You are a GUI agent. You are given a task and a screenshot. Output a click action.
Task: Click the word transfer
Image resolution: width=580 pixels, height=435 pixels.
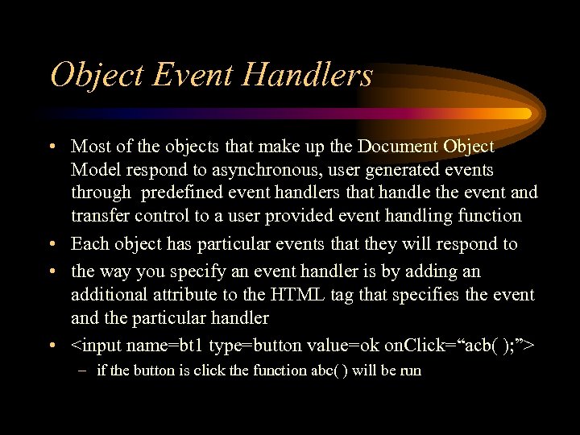click(97, 216)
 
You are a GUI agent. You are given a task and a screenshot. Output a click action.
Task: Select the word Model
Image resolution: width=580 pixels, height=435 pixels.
click(95, 170)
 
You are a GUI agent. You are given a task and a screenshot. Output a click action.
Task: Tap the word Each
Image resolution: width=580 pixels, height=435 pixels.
click(90, 244)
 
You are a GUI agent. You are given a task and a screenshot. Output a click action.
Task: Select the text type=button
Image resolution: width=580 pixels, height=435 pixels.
click(246, 346)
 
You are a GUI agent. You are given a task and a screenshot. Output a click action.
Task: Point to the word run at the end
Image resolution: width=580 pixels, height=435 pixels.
click(410, 371)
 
